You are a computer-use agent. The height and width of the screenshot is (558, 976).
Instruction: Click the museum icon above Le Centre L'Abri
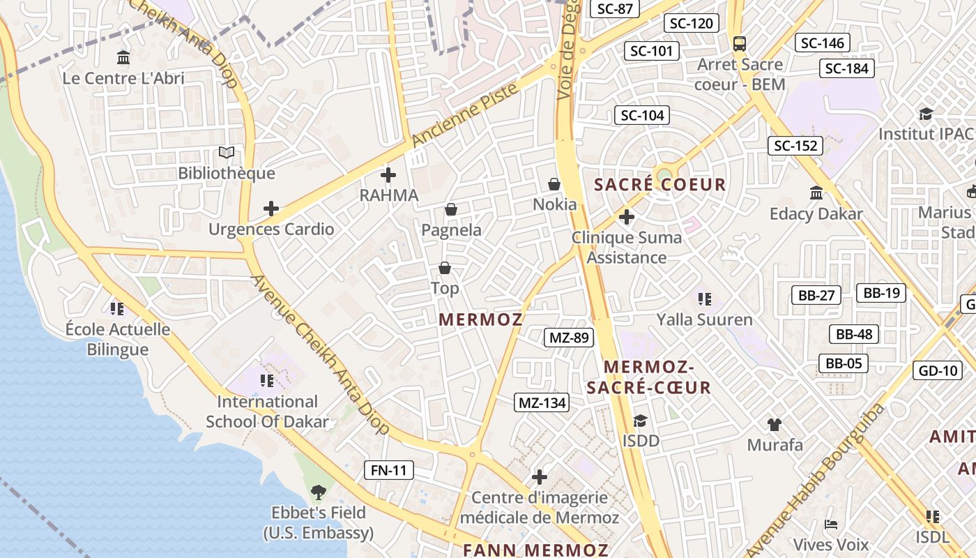pyautogui.click(x=123, y=56)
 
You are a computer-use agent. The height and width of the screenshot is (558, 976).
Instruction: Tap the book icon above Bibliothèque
pyautogui.click(x=227, y=152)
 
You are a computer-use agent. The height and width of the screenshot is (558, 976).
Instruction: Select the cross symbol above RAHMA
pyautogui.click(x=388, y=175)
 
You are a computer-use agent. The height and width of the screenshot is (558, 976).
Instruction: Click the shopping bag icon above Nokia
pyautogui.click(x=554, y=184)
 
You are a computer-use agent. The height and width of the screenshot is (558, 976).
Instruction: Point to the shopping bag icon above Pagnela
pyautogui.click(x=451, y=209)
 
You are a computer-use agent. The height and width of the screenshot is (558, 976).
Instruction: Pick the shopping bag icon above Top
pyautogui.click(x=445, y=268)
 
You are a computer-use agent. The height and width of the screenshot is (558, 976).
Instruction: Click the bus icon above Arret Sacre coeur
pyautogui.click(x=740, y=44)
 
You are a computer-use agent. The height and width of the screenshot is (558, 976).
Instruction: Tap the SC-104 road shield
pyautogui.click(x=642, y=115)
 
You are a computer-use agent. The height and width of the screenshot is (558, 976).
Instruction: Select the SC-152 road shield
pyautogui.click(x=795, y=146)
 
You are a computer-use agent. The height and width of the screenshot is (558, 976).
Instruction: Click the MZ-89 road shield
pyautogui.click(x=569, y=338)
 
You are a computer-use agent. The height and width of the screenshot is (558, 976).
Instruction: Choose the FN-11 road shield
pyautogui.click(x=389, y=470)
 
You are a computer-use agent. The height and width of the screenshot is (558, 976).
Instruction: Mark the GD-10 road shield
pyautogui.click(x=938, y=370)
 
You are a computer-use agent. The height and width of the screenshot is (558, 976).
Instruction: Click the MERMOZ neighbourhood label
pyautogui.click(x=480, y=319)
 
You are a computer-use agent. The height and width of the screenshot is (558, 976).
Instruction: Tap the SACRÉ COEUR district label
pyautogui.click(x=659, y=185)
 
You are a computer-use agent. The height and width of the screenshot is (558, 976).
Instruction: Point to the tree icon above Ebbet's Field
pyautogui.click(x=319, y=492)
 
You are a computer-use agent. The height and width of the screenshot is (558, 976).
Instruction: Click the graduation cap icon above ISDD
pyautogui.click(x=640, y=421)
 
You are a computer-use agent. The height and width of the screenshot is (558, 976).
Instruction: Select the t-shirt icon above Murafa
pyautogui.click(x=775, y=424)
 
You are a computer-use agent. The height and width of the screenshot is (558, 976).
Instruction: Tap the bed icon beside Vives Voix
pyautogui.click(x=830, y=525)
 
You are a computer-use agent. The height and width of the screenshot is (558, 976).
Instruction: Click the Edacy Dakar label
pyautogui.click(x=816, y=213)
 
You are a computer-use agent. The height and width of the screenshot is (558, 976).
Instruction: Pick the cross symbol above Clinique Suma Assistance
pyautogui.click(x=627, y=217)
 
